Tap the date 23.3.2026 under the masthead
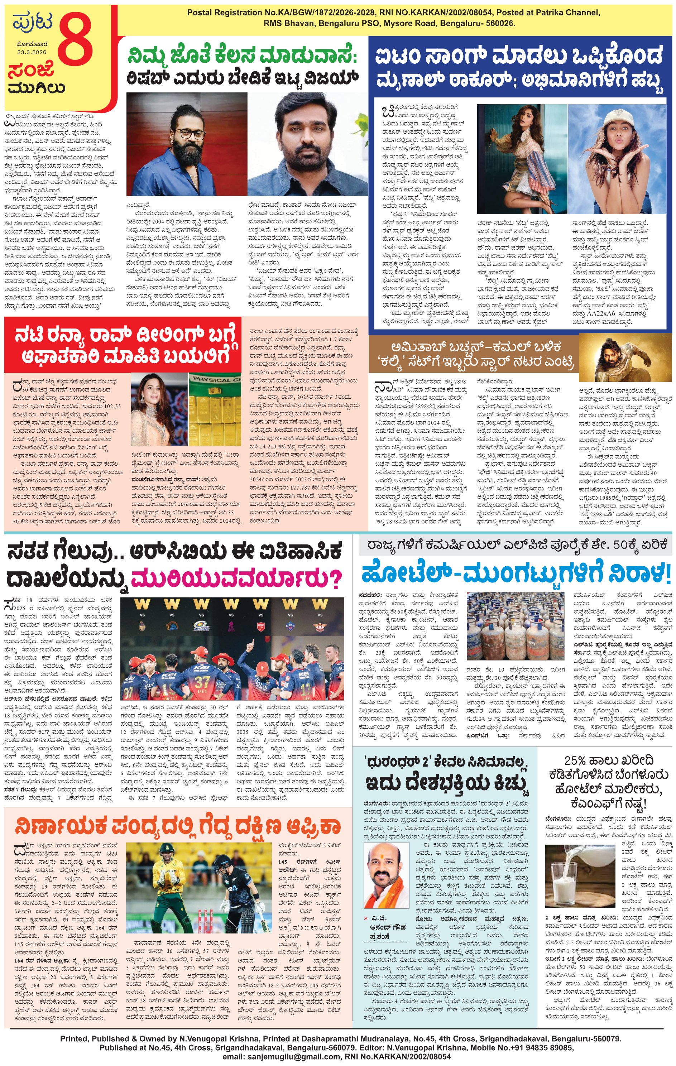click(32, 52)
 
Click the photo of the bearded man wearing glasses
click(186, 144)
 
